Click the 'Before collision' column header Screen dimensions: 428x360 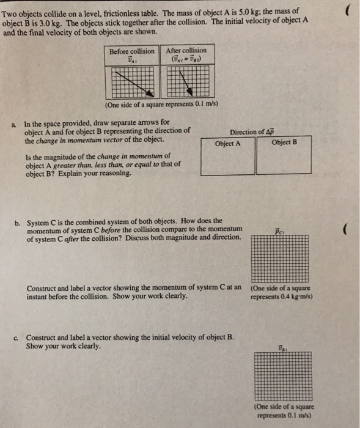point(131,51)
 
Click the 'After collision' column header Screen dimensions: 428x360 point(186,50)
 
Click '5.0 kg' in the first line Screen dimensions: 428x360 point(246,11)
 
